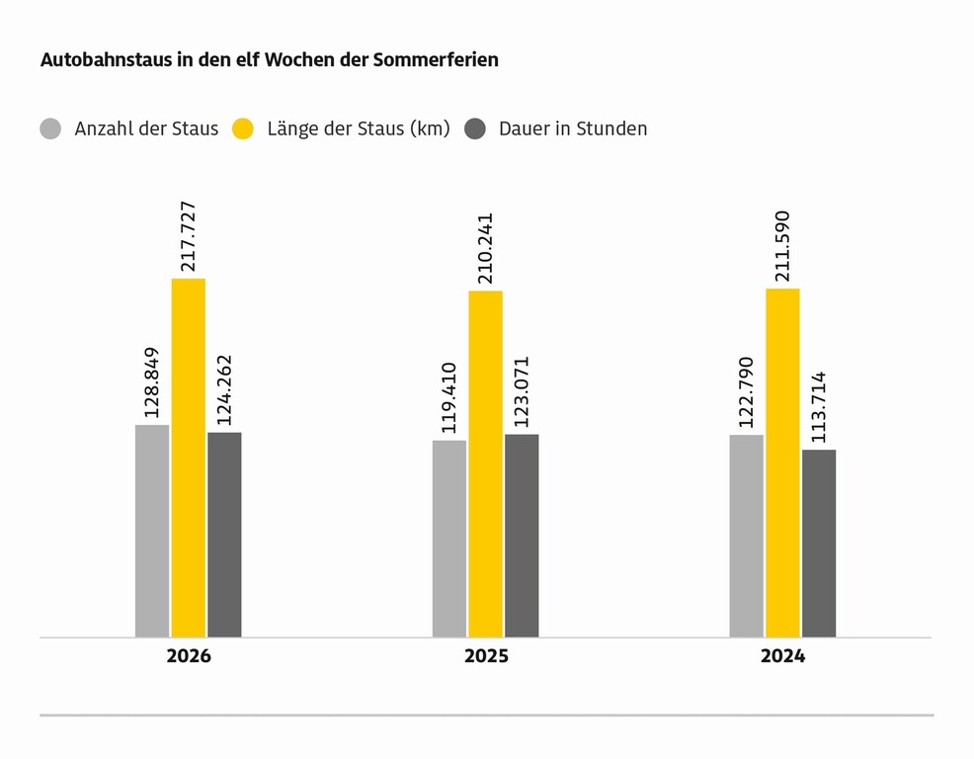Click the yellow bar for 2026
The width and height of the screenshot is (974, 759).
tap(189, 459)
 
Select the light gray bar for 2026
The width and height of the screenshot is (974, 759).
tap(152, 532)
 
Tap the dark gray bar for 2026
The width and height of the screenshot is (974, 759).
tap(225, 536)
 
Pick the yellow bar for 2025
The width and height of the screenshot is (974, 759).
tap(486, 464)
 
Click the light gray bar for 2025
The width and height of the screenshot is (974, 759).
tap(449, 539)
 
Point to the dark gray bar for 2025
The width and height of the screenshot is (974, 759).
tap(522, 536)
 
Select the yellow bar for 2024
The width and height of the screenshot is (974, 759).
tap(782, 464)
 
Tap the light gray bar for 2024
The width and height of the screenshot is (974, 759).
tap(747, 537)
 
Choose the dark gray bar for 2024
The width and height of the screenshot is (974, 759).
tap(819, 544)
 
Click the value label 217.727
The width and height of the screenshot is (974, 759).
tap(188, 236)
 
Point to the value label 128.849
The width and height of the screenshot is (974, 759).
tap(151, 382)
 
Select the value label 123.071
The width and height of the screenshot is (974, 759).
tap(522, 391)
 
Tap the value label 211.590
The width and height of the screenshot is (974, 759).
tap(782, 246)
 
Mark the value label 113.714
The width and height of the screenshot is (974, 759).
tap(819, 407)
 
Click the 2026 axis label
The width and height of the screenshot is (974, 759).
tap(189, 656)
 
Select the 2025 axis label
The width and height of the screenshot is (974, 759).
tap(486, 656)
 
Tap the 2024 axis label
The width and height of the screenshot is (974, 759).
tap(782, 656)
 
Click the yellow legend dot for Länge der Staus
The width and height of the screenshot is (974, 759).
tap(243, 128)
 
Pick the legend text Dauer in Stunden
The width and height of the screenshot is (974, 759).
tap(573, 128)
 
